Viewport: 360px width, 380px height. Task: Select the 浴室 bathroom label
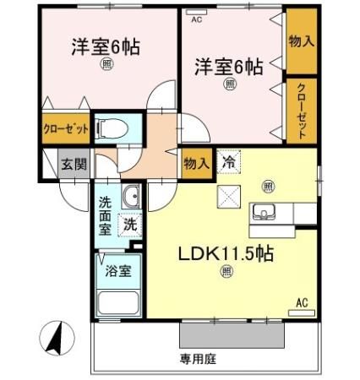tap(117, 271)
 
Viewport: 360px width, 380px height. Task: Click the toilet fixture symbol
tap(112, 128)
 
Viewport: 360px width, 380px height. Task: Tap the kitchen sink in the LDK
tap(267, 212)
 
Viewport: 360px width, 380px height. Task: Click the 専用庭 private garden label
tap(199, 358)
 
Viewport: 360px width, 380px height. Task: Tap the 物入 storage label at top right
tap(298, 40)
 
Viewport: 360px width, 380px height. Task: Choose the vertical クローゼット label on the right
tap(301, 110)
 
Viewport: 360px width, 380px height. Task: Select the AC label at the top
tap(196, 18)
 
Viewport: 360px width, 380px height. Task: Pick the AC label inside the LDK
tap(301, 302)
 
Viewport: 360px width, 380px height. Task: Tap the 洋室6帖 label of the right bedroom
tap(229, 66)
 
